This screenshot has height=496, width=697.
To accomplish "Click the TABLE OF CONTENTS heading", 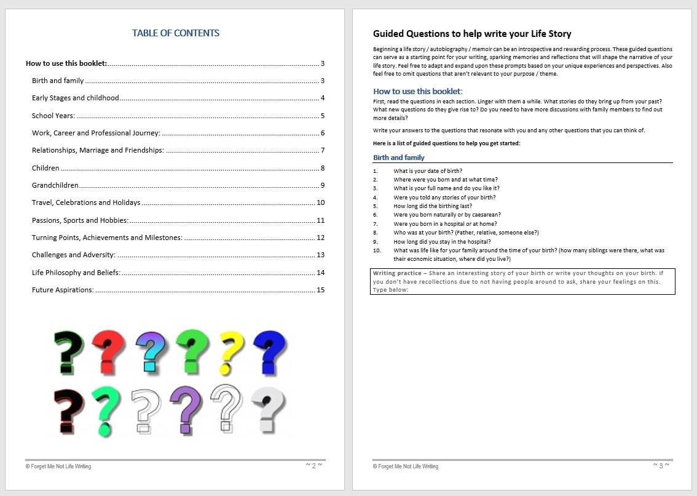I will tap(175, 33).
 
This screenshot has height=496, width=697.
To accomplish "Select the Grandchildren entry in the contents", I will tap(55, 185).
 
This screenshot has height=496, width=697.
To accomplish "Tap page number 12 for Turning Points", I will tap(320, 238).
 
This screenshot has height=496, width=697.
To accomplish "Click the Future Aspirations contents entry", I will tap(63, 290).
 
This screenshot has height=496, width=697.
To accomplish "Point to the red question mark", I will tap(109, 352).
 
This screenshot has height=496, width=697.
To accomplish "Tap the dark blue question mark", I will tap(269, 352).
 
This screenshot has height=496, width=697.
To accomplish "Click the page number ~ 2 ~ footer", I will tap(313, 466).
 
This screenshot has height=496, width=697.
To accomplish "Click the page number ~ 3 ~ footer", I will tap(661, 466).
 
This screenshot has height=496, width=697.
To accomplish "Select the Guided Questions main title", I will tap(472, 34).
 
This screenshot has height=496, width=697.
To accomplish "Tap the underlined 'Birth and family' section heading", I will tap(399, 158).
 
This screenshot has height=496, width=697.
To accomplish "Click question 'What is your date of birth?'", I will tap(428, 171).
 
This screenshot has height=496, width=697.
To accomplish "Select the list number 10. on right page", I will tap(377, 250).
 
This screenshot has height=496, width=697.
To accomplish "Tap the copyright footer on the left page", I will tap(58, 466).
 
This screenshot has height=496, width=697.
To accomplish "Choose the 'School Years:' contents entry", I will tap(53, 116).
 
